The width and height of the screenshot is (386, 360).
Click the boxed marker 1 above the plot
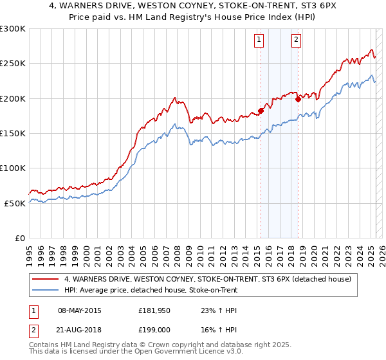click(x=259, y=40)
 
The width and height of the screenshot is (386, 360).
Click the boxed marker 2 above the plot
click(x=296, y=40)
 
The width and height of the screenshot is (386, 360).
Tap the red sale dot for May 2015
click(x=261, y=111)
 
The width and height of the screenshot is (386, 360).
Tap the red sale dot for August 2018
click(x=298, y=99)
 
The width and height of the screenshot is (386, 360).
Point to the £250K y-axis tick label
click(x=13, y=64)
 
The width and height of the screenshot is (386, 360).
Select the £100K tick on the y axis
click(x=13, y=168)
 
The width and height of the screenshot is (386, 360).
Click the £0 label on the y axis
click(x=19, y=238)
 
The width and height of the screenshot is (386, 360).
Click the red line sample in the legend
click(x=46, y=279)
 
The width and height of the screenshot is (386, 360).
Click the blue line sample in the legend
click(x=46, y=289)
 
